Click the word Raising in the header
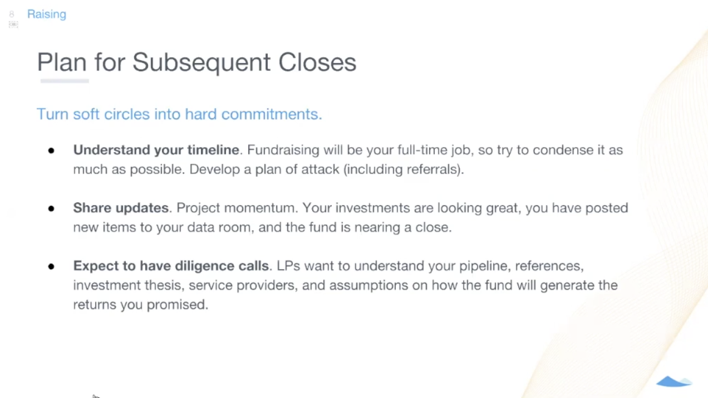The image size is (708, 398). point(46,14)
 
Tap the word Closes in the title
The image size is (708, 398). point(317,62)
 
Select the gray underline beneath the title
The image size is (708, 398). point(65,81)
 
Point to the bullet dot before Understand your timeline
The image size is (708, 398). point(51,151)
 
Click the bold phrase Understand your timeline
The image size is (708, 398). point(156,150)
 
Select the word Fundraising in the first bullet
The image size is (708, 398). point(283,150)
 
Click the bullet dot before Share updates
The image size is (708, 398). point(51,208)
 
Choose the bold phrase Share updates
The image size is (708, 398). point(121,208)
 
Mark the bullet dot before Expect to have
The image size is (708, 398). point(51,266)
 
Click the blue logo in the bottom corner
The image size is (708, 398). point(674,382)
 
